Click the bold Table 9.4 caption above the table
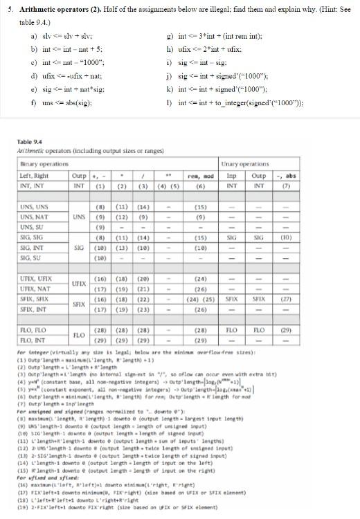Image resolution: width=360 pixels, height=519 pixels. point(30,143)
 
